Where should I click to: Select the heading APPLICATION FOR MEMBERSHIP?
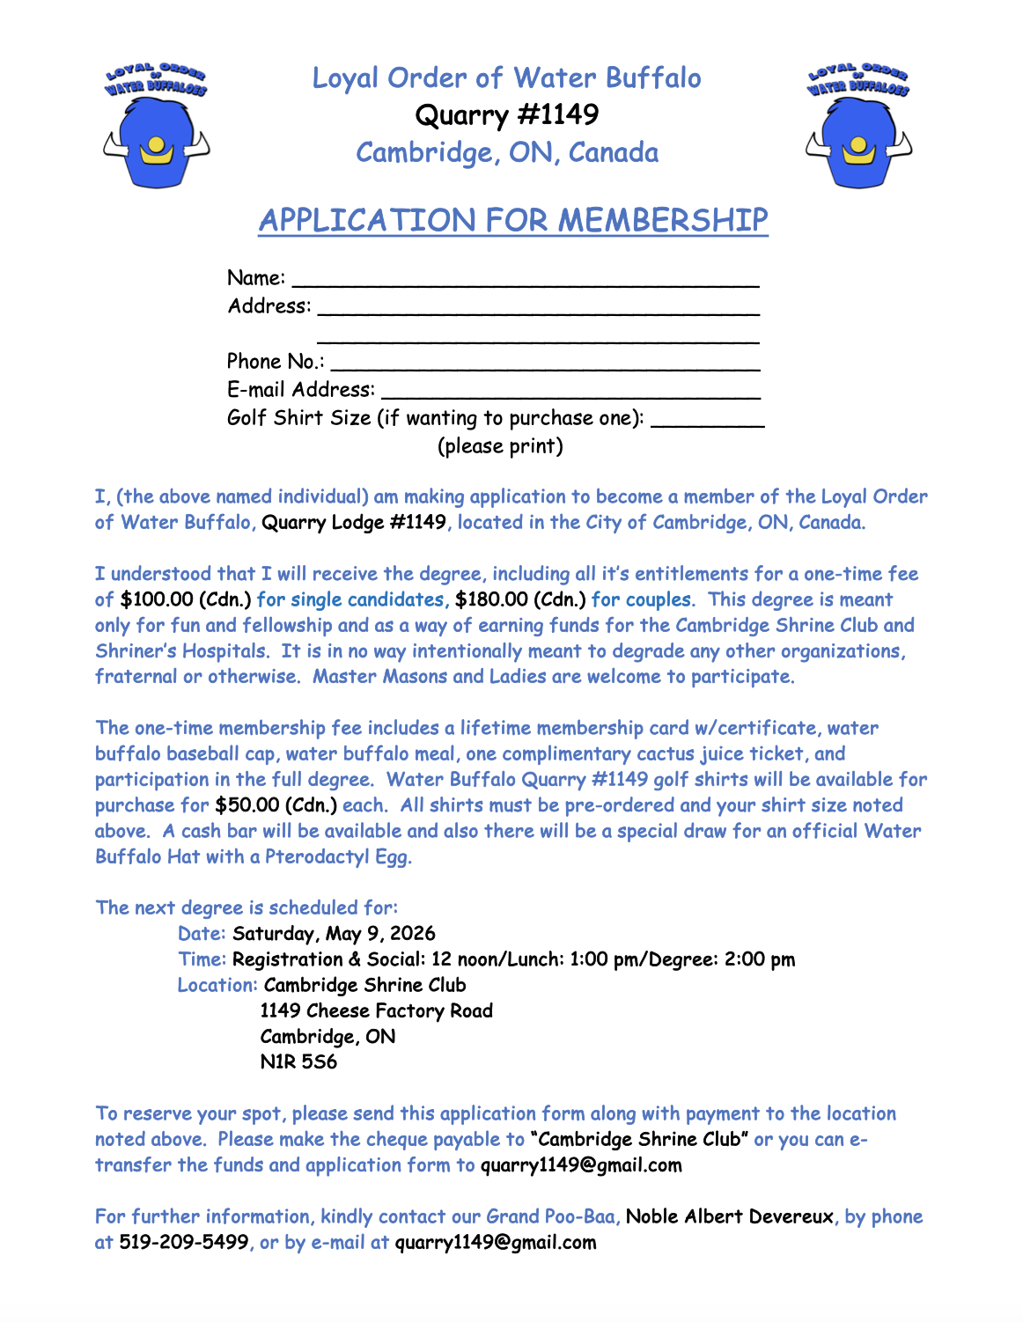click(x=513, y=220)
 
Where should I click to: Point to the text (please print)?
click(x=500, y=446)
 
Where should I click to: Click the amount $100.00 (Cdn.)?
click(x=186, y=600)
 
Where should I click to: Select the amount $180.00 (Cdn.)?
click(x=520, y=600)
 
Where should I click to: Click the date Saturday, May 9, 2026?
click(x=334, y=934)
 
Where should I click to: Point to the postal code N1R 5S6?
click(x=298, y=1062)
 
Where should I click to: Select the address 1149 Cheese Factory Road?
click(x=376, y=1011)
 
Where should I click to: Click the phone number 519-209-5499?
click(x=183, y=1243)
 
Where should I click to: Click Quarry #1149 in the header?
click(x=507, y=115)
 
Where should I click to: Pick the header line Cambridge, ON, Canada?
click(x=507, y=153)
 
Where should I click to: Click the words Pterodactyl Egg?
click(x=338, y=857)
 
